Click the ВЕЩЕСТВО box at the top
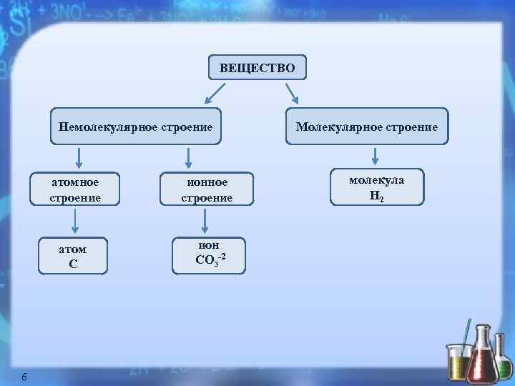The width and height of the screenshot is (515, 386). (x=257, y=69)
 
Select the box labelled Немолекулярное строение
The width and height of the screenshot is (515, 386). (x=136, y=127)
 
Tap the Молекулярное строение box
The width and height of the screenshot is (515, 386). (x=367, y=127)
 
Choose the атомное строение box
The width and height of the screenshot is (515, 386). (x=75, y=189)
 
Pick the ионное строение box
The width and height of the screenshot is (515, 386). (x=207, y=189)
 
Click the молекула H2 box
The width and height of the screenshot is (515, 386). (x=376, y=187)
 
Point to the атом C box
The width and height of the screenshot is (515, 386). (x=72, y=256)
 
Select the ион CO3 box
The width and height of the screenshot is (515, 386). (x=210, y=255)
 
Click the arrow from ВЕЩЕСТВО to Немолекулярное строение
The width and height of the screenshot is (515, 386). (x=215, y=94)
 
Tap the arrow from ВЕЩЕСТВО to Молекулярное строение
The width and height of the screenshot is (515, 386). (x=294, y=94)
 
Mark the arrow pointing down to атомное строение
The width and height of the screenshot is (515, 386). (x=79, y=157)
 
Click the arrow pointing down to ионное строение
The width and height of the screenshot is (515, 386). (x=188, y=157)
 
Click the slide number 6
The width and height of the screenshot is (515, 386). (x=24, y=377)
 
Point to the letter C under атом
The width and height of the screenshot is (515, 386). (x=73, y=264)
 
